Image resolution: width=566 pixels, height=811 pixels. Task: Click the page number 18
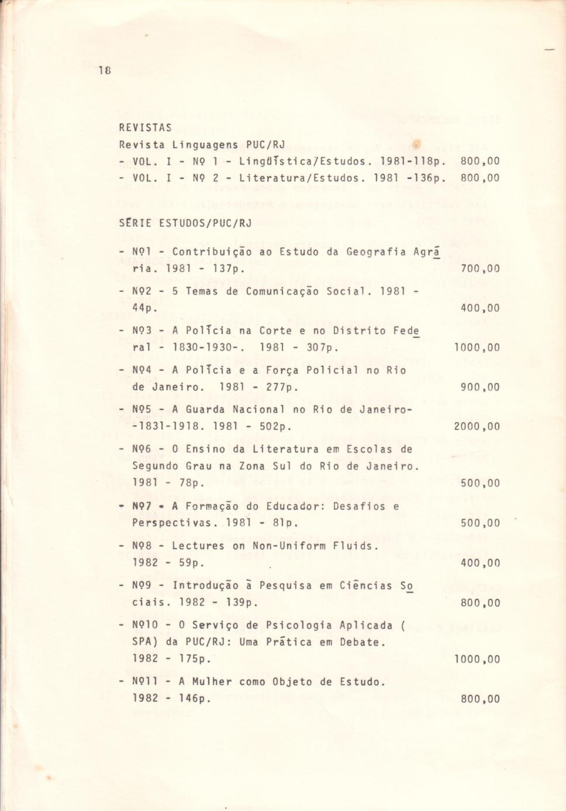[x=105, y=70]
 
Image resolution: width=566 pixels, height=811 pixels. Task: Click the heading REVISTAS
[x=145, y=127]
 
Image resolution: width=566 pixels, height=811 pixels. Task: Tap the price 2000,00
[x=477, y=426]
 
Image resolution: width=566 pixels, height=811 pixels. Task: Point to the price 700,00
[x=480, y=269]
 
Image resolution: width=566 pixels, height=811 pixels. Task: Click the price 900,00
[x=480, y=387]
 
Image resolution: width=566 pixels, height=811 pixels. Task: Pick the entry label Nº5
[x=142, y=410]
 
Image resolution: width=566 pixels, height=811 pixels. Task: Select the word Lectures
[x=199, y=546]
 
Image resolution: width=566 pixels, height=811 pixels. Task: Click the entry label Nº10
[x=146, y=626]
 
